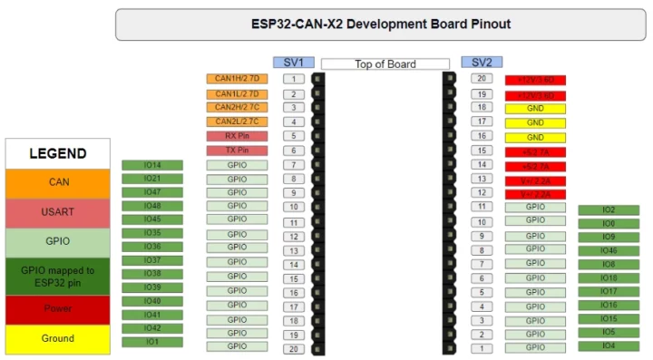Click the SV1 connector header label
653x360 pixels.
294,63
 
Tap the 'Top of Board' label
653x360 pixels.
385,64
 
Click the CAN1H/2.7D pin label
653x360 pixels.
237,79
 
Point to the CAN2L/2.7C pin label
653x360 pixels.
237,122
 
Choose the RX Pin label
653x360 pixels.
237,136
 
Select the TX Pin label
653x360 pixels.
237,151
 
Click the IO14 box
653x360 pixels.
152,165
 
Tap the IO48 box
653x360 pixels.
152,206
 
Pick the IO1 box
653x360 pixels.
152,342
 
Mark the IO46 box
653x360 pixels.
609,251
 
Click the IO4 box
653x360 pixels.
609,345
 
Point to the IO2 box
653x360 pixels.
609,210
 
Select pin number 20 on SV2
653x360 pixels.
482,79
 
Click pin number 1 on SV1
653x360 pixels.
294,79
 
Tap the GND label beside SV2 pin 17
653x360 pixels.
535,122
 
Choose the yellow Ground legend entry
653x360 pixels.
58,338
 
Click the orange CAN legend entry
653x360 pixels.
58,182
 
